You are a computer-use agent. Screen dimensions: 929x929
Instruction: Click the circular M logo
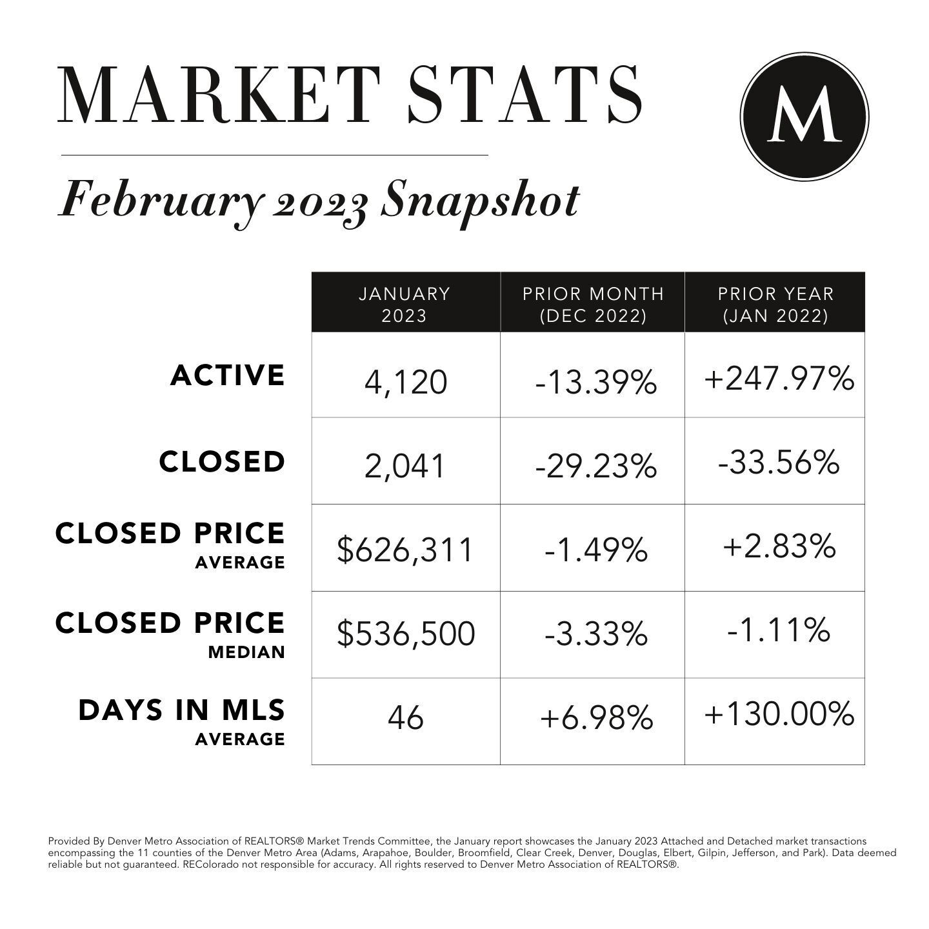click(804, 117)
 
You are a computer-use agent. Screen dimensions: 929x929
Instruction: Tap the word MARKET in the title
click(219, 95)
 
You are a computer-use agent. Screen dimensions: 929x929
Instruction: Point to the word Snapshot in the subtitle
click(480, 201)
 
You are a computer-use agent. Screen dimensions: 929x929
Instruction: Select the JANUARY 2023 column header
click(405, 305)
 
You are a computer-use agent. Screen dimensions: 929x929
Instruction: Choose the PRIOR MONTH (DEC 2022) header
click(593, 305)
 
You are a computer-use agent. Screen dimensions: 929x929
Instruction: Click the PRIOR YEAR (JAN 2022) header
click(775, 305)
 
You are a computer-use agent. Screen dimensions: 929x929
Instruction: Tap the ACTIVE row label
click(228, 375)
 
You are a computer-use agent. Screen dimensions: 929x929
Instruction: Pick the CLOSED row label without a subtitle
click(222, 461)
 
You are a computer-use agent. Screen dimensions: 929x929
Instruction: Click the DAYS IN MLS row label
click(181, 710)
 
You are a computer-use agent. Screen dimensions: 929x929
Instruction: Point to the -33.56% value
click(779, 462)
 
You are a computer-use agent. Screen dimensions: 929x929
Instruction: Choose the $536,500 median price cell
click(406, 634)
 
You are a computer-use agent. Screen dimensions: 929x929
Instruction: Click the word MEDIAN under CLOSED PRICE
click(246, 652)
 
